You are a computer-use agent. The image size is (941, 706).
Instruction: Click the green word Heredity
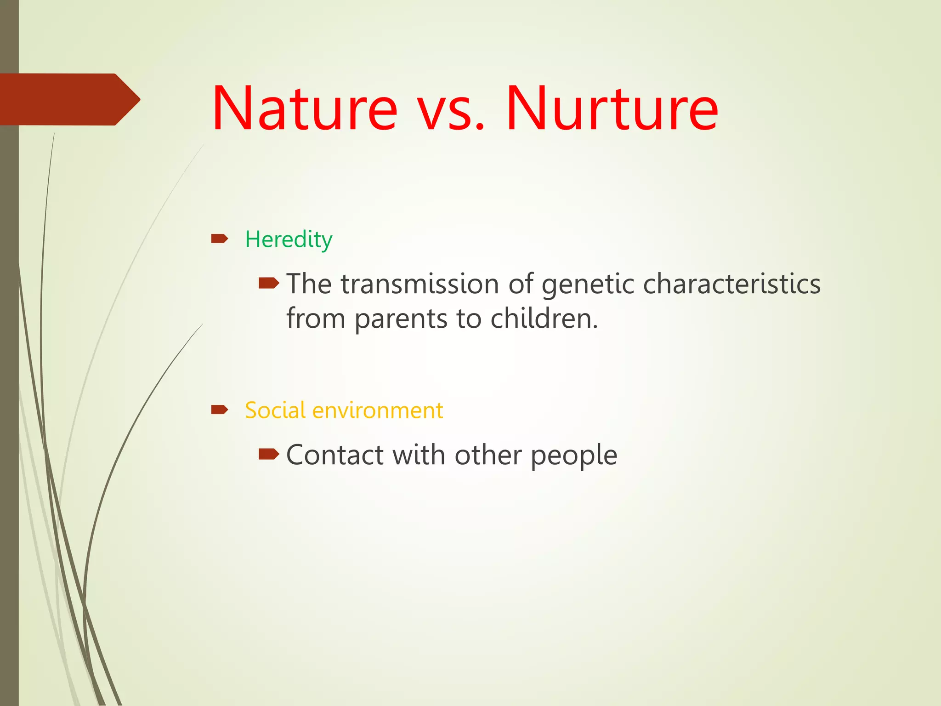tap(288, 239)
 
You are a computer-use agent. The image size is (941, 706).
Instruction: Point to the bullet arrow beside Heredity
tap(219, 238)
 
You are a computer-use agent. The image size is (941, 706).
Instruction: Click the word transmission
tap(419, 284)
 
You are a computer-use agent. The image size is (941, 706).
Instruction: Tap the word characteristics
tap(731, 284)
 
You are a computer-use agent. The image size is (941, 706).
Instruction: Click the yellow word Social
tap(275, 410)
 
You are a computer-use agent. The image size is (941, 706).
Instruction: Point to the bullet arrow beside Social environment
tap(219, 409)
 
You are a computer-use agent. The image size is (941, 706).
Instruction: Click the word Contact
tap(334, 455)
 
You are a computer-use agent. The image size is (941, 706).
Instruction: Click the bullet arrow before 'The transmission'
tap(268, 283)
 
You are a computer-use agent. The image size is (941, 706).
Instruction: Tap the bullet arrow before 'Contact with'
tap(268, 455)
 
